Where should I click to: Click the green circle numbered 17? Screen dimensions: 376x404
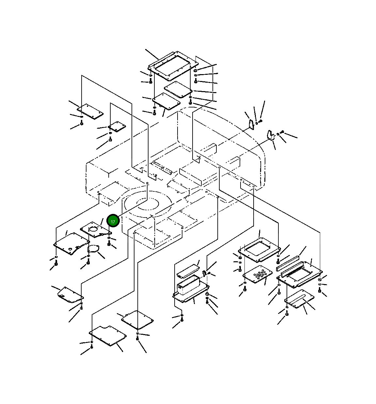click(113, 221)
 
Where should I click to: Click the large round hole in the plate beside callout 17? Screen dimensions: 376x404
click(94, 229)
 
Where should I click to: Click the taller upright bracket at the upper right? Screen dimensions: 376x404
click(252, 125)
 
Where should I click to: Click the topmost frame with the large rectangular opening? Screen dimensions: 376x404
click(173, 66)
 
